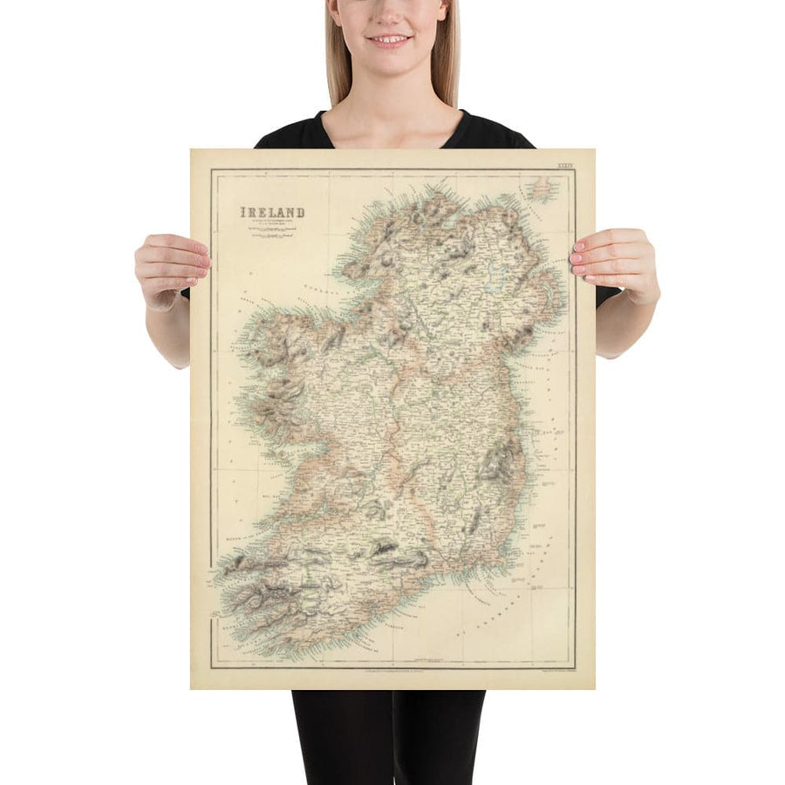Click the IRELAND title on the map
273,212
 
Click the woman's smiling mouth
388,40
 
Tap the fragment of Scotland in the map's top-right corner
543,187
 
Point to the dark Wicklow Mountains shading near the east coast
499,462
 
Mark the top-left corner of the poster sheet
192,151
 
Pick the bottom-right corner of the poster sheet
594,688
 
